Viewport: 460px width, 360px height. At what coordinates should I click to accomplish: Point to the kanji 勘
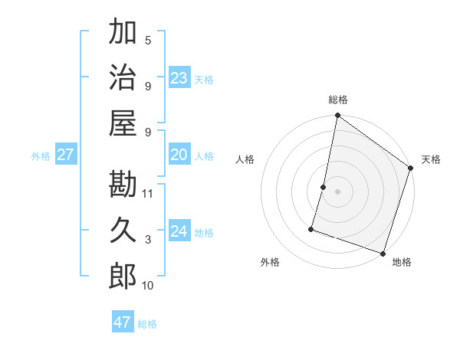click(123, 184)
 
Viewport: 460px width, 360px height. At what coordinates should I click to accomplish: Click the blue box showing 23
click(179, 78)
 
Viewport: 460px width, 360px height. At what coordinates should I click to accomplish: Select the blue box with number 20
click(179, 155)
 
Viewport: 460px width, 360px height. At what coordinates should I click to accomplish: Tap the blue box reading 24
click(179, 231)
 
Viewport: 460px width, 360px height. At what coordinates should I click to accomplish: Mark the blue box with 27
click(65, 155)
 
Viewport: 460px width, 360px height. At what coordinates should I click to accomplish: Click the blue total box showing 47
click(122, 322)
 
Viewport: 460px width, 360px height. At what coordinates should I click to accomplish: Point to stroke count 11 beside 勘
click(149, 193)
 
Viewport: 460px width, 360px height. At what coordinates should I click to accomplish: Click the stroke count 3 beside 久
click(148, 240)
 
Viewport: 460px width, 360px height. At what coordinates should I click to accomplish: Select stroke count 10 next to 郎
click(148, 286)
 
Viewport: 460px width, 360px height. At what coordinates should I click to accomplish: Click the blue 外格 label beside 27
click(41, 156)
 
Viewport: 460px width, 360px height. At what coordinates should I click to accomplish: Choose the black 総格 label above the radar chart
click(338, 100)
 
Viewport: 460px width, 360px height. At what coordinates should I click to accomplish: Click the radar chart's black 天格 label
click(431, 159)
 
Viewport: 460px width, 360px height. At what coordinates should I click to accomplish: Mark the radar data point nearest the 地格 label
click(383, 253)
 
